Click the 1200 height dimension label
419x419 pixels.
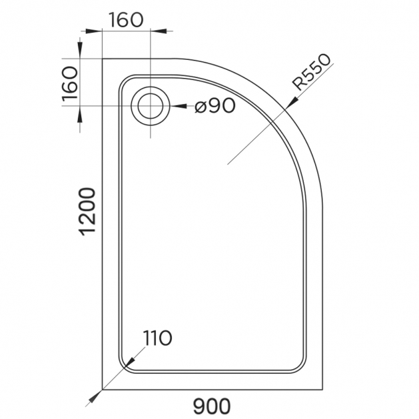coord(88,212)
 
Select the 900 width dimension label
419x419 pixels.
coord(212,406)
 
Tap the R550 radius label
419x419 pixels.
coord(311,73)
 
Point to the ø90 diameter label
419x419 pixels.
coord(215,105)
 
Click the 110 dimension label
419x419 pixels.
coord(157,338)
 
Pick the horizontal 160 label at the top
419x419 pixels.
coord(126,20)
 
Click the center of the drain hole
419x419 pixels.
coord(150,106)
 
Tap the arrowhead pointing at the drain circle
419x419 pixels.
coord(179,106)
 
